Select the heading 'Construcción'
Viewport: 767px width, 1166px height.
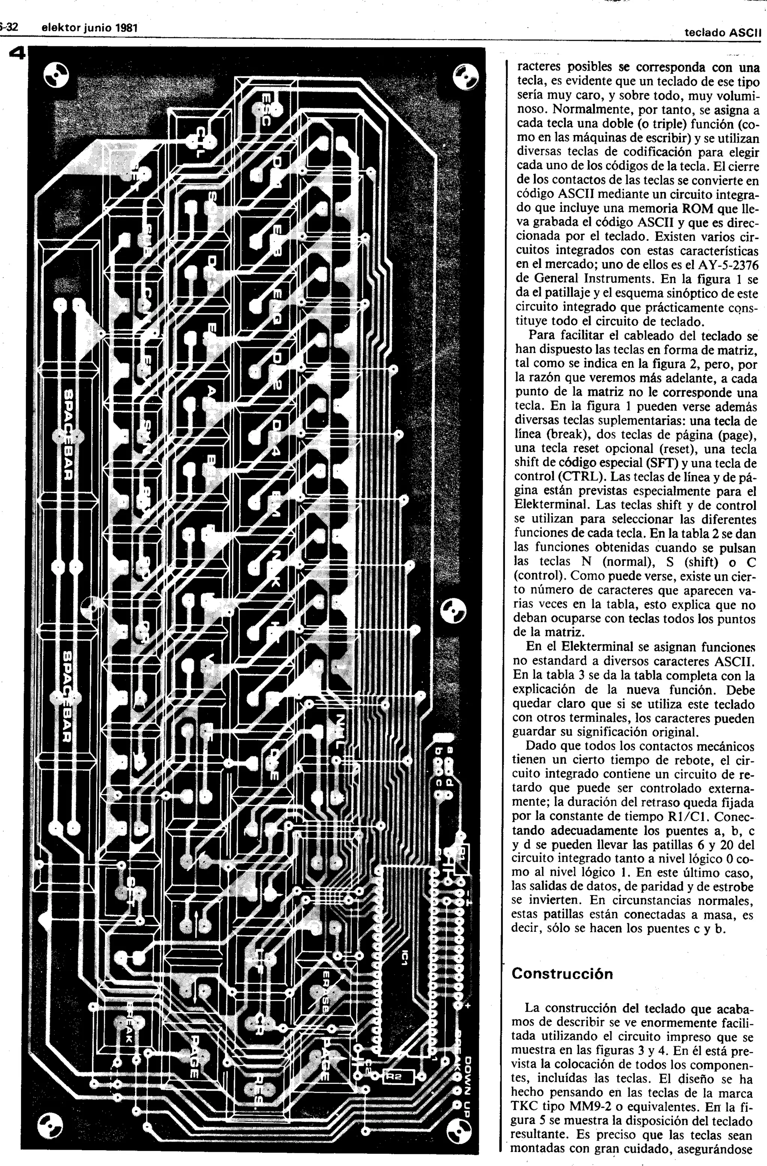coord(562,973)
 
